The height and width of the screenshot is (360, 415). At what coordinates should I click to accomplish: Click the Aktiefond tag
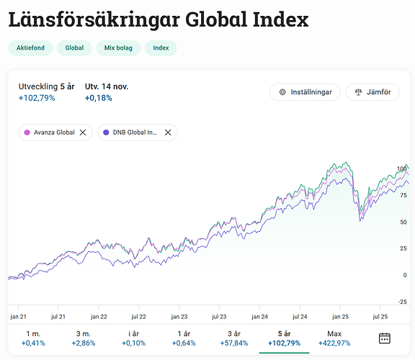coord(30,48)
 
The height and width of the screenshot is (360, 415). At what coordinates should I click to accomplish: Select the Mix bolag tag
coord(118,48)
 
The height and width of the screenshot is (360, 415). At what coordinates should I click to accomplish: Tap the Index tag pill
coord(161,48)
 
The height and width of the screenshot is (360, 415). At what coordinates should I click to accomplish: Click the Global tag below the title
coord(74,48)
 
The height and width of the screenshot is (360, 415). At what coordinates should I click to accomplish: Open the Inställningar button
coord(305,92)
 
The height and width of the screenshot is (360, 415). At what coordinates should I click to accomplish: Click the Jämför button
coord(372,92)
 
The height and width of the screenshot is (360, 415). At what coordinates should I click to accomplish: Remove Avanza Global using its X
coord(83,132)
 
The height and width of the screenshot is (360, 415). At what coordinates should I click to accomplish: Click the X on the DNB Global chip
coord(168,132)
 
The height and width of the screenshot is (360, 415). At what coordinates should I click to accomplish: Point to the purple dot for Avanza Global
coord(27,132)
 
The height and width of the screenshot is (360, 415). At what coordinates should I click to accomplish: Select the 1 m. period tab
coord(33,338)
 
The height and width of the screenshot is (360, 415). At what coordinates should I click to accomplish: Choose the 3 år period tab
coord(234,338)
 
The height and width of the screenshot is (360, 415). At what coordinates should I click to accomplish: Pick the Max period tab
coord(334,338)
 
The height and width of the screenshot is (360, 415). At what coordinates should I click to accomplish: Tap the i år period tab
coord(134,338)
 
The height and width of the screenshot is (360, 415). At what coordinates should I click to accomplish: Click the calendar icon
coord(385,338)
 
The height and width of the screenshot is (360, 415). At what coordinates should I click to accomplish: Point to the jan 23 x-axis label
coord(179,317)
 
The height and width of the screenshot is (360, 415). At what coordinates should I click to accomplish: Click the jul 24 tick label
coord(300,317)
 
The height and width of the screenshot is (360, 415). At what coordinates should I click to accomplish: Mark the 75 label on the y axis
coord(403,195)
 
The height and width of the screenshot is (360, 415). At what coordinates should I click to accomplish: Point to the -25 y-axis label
coord(402,302)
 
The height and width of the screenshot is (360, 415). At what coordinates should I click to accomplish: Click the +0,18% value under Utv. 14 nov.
coord(99,98)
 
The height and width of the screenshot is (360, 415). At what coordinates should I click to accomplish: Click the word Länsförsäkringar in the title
coord(94,20)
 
